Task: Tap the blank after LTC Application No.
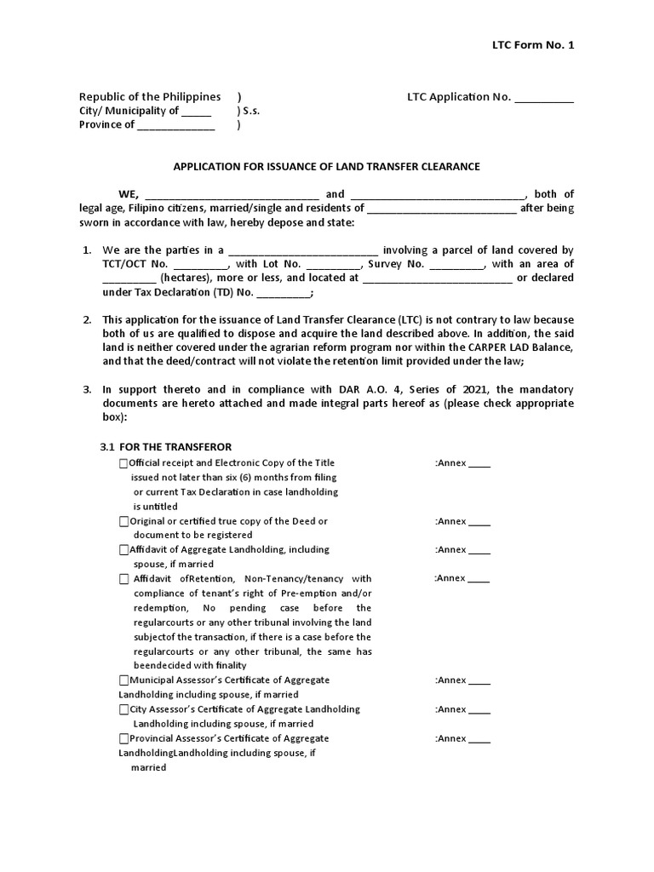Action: click(x=544, y=98)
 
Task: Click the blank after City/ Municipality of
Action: click(x=197, y=112)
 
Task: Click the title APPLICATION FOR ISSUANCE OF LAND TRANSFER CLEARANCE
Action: click(x=327, y=166)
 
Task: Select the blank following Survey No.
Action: click(x=456, y=265)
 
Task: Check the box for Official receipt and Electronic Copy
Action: click(x=123, y=463)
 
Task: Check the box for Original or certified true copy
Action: click(x=123, y=521)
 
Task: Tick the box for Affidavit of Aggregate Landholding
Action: click(x=123, y=550)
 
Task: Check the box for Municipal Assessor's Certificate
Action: click(x=123, y=680)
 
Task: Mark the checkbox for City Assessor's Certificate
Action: click(x=123, y=709)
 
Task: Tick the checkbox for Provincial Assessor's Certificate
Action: click(x=123, y=738)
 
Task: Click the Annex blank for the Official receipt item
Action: click(x=479, y=464)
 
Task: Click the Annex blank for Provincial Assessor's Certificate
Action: click(x=479, y=739)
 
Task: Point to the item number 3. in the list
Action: click(x=87, y=389)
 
